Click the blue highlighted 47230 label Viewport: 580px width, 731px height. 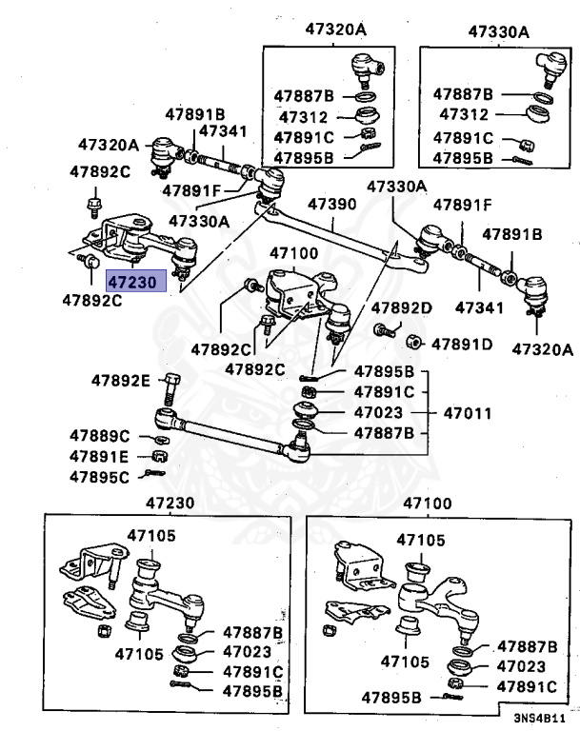tap(136, 282)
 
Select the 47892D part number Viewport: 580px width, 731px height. tap(402, 307)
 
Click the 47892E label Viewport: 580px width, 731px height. tap(121, 381)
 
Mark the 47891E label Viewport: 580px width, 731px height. tap(99, 456)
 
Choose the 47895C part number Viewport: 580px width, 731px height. tap(99, 476)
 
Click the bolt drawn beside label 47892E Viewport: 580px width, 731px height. tap(172, 389)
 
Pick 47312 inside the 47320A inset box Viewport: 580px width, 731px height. tap(303, 117)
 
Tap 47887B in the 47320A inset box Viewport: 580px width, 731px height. tap(303, 96)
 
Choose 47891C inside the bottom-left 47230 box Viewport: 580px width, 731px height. tap(253, 671)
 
